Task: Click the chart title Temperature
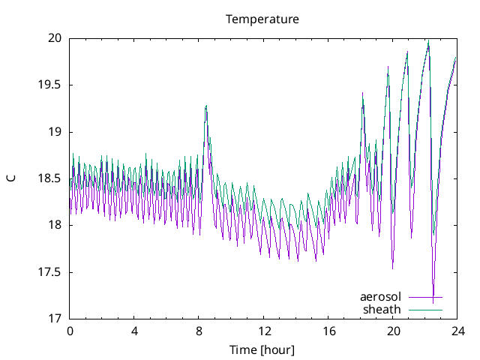[x=262, y=19]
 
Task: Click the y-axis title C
[x=10, y=178]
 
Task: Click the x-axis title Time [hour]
[x=262, y=350]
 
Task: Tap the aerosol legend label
[x=381, y=297]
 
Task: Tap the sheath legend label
[x=382, y=309]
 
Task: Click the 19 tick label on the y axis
[x=55, y=132]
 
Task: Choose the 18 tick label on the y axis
[x=55, y=225]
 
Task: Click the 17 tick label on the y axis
[x=55, y=319]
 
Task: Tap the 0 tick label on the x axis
[x=70, y=331]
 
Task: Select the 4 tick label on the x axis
[x=134, y=331]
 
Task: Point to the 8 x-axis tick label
[x=199, y=331]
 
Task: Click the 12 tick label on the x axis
[x=264, y=331]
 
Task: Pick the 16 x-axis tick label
[x=328, y=331]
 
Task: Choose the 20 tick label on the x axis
[x=393, y=331]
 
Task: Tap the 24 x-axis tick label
[x=457, y=331]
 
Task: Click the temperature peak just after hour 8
[x=205, y=106]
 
